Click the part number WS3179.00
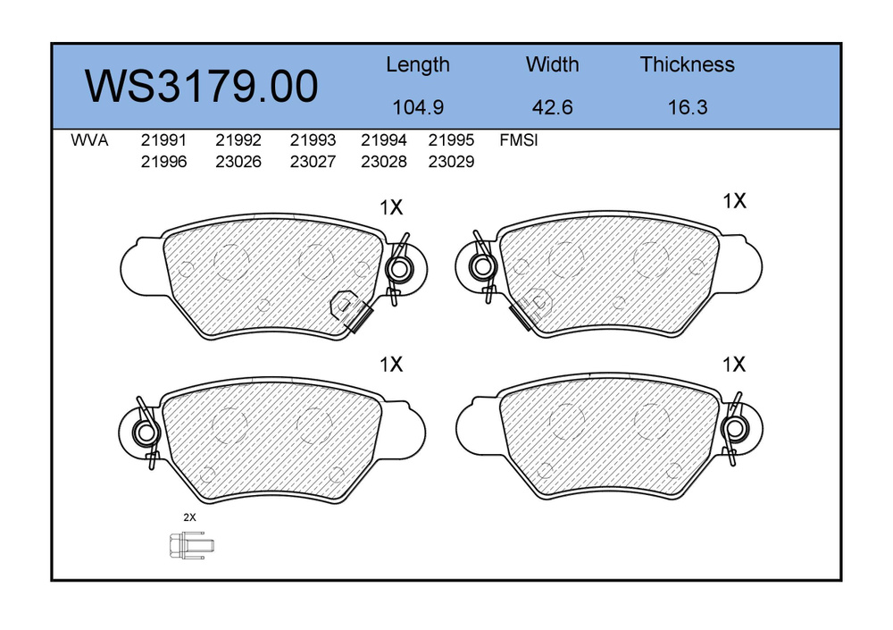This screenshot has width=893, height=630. click(201, 86)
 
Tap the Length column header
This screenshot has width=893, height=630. click(417, 65)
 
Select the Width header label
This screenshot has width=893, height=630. click(552, 64)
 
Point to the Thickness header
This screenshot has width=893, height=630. click(687, 64)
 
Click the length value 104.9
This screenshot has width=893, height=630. click(418, 107)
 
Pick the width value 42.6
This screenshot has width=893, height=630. click(552, 107)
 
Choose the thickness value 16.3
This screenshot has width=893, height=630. click(688, 107)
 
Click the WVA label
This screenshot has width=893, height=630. click(89, 140)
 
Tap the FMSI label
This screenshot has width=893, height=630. click(518, 140)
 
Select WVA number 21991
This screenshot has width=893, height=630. click(163, 140)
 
